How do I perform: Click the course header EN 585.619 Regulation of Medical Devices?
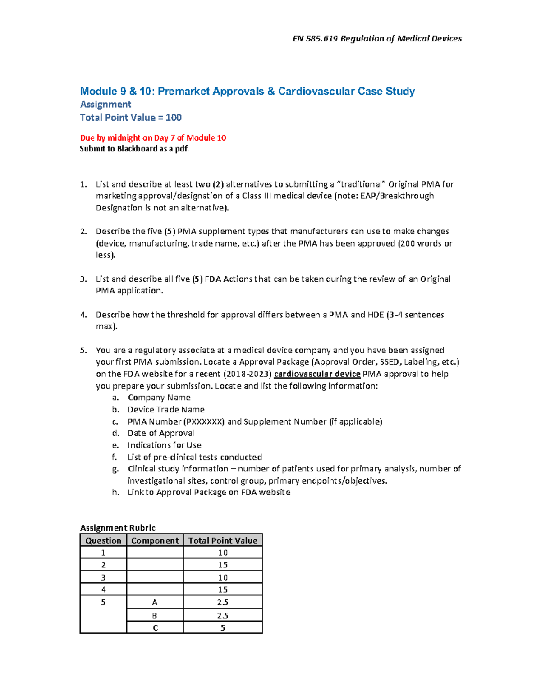[377, 39]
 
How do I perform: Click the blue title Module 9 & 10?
[247, 92]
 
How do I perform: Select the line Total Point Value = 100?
[131, 118]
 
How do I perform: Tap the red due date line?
[153, 138]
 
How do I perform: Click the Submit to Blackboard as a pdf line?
[134, 149]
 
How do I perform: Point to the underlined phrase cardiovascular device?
[317, 374]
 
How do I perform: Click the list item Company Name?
[159, 398]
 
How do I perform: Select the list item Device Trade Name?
[166, 410]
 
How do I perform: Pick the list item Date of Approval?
[160, 433]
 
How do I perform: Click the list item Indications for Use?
[164, 445]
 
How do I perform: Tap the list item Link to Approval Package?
[209, 493]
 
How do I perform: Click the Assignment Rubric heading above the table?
[118, 528]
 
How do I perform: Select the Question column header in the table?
[103, 540]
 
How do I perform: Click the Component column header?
[155, 540]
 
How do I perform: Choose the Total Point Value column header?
[223, 540]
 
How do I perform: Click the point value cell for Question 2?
[223, 565]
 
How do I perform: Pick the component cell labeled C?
[155, 628]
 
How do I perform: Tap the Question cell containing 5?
[103, 603]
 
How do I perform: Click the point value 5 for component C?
[223, 628]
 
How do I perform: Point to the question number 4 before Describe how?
[83, 315]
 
